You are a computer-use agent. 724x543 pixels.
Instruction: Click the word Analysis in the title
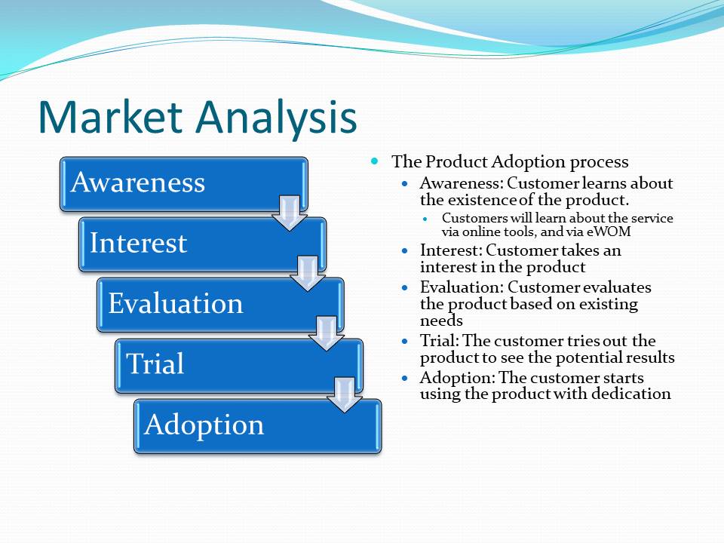pos(276,119)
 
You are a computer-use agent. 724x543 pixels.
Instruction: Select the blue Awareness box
pos(184,184)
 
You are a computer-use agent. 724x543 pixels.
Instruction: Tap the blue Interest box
pos(202,244)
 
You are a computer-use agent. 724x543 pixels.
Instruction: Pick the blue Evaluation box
pos(220,305)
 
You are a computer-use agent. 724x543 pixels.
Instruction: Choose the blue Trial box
pos(239,366)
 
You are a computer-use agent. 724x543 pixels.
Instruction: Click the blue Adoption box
pos(258,426)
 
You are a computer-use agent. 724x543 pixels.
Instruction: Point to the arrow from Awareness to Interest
pos(290,213)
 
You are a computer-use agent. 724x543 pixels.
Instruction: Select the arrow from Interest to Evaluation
pos(308,273)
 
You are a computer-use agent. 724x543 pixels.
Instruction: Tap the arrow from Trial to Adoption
pos(345,394)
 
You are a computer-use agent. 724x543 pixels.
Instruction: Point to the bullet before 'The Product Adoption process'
pos(375,161)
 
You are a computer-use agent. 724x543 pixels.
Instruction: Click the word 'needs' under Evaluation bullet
pos(441,321)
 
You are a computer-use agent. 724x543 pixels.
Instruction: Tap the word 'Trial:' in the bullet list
pos(439,341)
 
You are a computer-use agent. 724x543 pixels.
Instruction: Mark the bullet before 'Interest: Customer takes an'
pos(405,250)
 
